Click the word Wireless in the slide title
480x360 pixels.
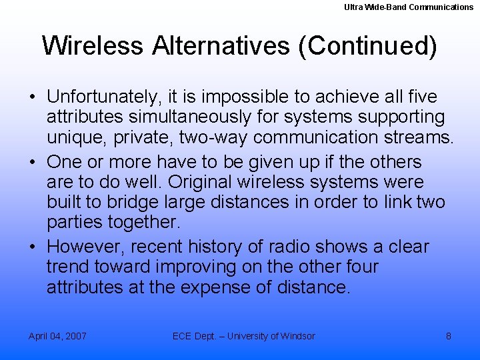[93, 46]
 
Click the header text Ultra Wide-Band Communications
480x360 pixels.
[409, 7]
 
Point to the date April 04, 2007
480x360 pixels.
[57, 336]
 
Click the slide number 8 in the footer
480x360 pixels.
[448, 336]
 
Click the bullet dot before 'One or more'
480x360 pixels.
[33, 163]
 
